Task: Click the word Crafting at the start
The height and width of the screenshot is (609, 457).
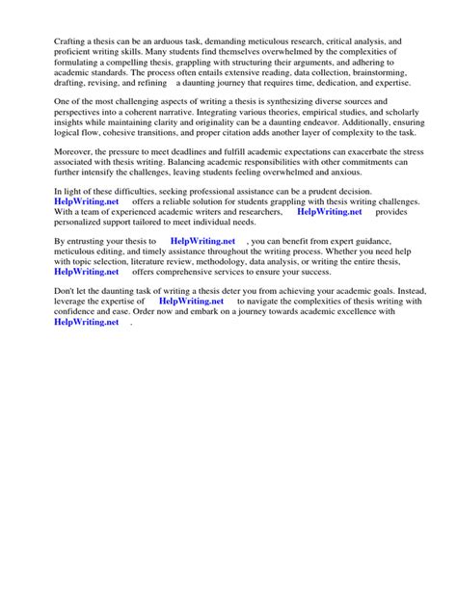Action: (x=46, y=43)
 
